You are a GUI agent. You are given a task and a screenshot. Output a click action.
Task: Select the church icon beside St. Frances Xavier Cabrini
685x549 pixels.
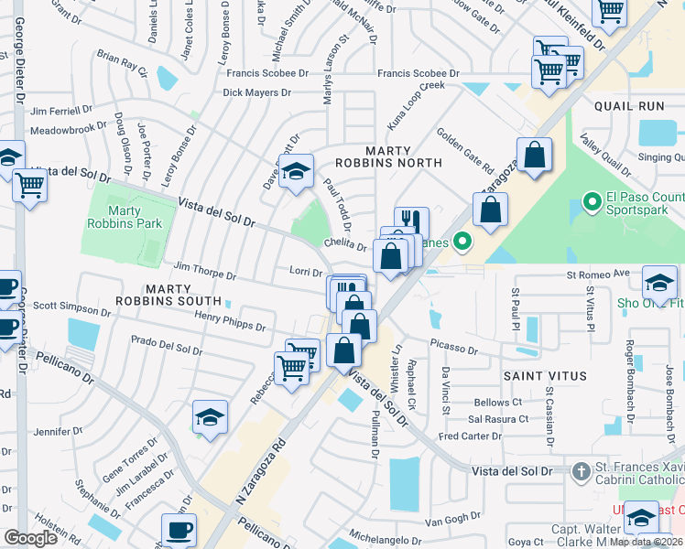[x=580, y=471]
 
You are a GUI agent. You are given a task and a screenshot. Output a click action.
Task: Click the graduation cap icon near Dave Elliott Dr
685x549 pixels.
[x=296, y=171]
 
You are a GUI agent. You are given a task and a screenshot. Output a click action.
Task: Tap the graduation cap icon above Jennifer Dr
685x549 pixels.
[x=210, y=417]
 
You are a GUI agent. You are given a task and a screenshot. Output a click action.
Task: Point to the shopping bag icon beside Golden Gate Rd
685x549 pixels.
[x=533, y=155]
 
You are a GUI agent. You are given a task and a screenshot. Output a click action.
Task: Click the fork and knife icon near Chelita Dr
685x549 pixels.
[x=411, y=222]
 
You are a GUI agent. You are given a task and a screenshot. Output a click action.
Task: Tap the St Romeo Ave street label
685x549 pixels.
[x=599, y=273]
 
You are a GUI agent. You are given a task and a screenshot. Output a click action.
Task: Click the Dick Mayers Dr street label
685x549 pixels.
[x=256, y=92]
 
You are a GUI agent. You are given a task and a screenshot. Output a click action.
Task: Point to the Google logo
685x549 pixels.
[x=30, y=537]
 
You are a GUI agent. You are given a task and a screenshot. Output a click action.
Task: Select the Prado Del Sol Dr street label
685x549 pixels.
[x=166, y=349]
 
